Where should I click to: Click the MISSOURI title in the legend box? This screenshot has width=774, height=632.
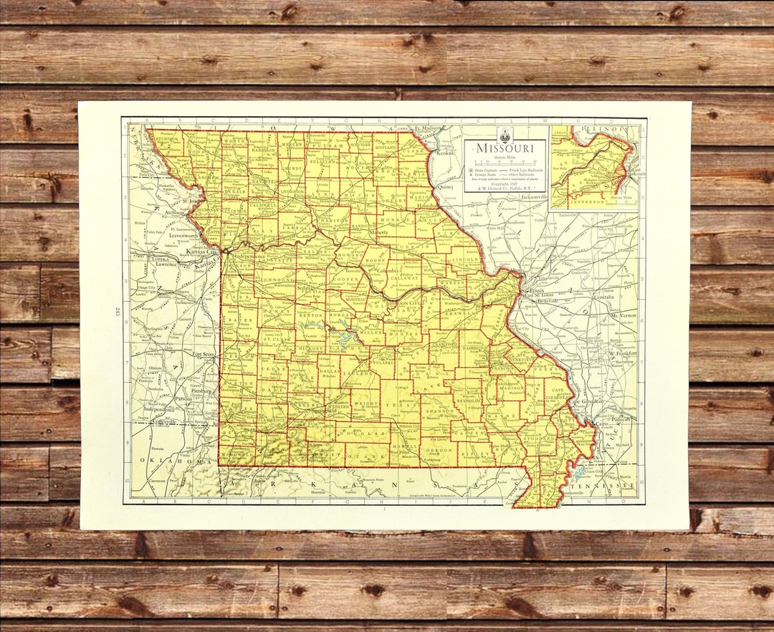click(505, 148)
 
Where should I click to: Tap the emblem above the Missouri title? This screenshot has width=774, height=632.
click(505, 134)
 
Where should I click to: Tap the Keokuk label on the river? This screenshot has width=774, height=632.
click(445, 153)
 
